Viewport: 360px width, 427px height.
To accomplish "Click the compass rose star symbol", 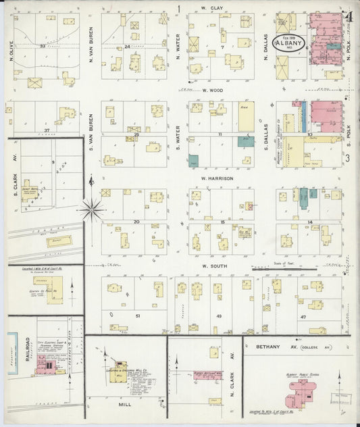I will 92,209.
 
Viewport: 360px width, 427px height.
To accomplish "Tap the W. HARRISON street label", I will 217,178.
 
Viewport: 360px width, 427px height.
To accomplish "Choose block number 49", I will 218,316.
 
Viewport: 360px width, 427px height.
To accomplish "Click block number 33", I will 42,46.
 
